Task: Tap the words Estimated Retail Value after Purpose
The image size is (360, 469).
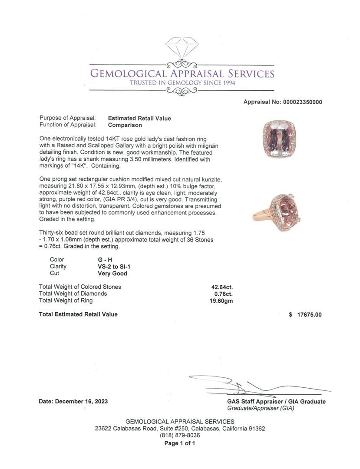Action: pyautogui.click(x=139, y=118)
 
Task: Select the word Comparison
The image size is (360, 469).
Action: pyautogui.click(x=125, y=125)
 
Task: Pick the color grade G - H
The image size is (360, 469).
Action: pyautogui.click(x=106, y=260)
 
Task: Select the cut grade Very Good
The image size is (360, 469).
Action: pyautogui.click(x=112, y=274)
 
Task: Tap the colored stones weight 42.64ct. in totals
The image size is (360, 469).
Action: pyautogui.click(x=222, y=287)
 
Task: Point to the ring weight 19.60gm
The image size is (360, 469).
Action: pyautogui.click(x=221, y=301)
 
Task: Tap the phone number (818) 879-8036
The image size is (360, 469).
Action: pyautogui.click(x=180, y=435)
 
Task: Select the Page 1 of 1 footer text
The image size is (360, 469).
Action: pyautogui.click(x=180, y=443)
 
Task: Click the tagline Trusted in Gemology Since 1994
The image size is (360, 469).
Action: pyautogui.click(x=182, y=83)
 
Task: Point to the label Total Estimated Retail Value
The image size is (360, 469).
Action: pyautogui.click(x=78, y=314)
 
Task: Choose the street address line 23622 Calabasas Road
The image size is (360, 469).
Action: pyautogui.click(x=180, y=428)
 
